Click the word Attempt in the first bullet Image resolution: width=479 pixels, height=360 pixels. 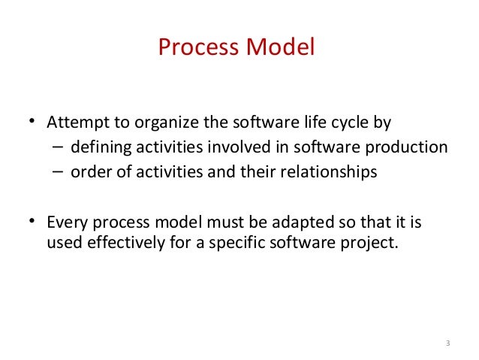[x=74, y=122]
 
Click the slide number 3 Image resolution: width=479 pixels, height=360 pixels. [x=447, y=344]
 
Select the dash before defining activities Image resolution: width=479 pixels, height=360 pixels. [x=58, y=147]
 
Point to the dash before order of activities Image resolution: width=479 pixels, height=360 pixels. [x=58, y=172]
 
